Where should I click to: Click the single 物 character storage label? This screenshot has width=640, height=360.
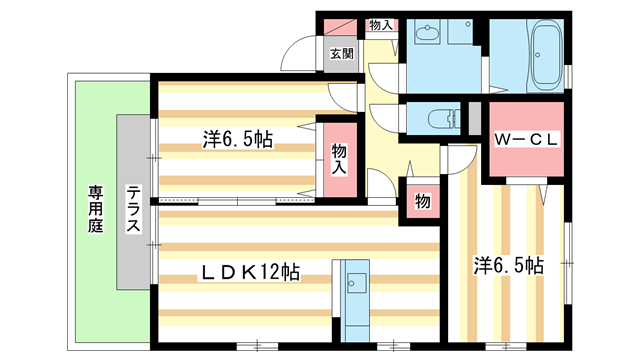(422, 201)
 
